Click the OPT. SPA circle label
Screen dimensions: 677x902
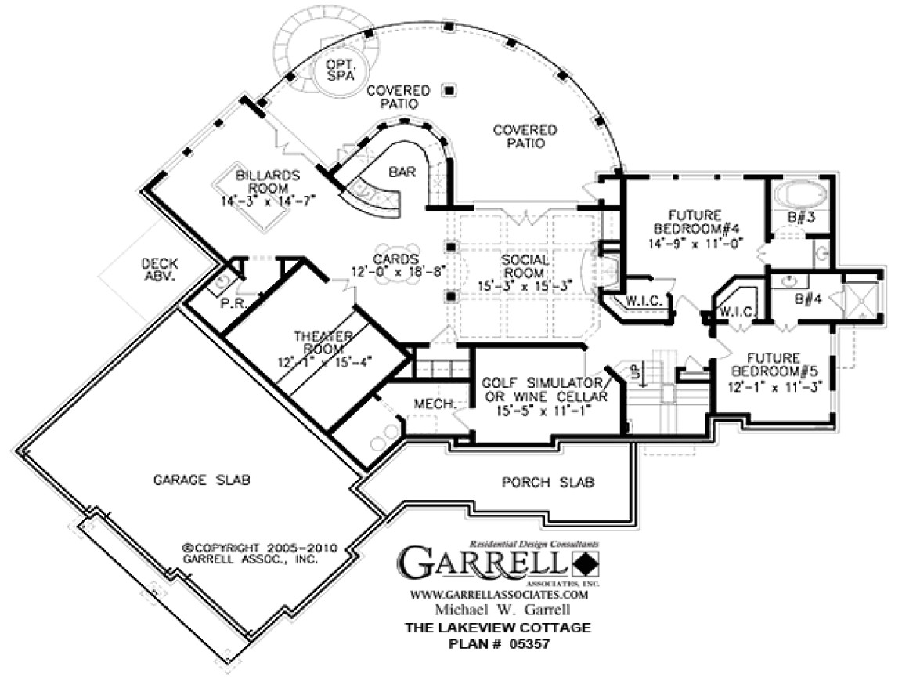(x=340, y=70)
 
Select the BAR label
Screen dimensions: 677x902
(x=402, y=170)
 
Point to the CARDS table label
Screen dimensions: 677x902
(x=395, y=259)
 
